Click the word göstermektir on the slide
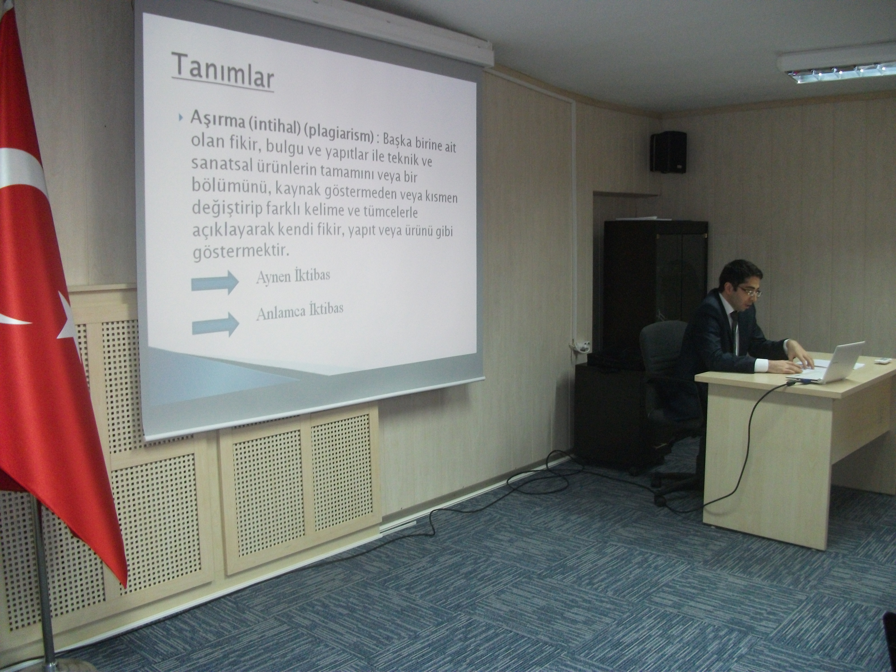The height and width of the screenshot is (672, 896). (x=241, y=252)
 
